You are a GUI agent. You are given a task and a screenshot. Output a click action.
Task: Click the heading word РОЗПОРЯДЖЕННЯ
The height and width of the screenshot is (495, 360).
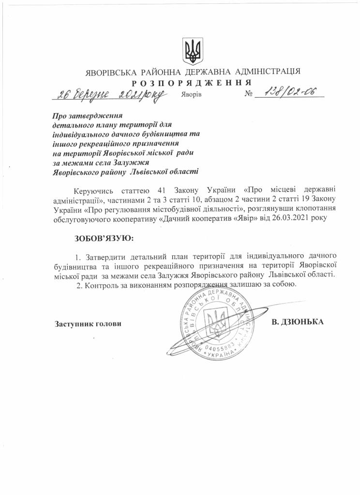point(193,83)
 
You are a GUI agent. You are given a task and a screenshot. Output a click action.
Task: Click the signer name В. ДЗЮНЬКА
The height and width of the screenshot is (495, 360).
point(297,321)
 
